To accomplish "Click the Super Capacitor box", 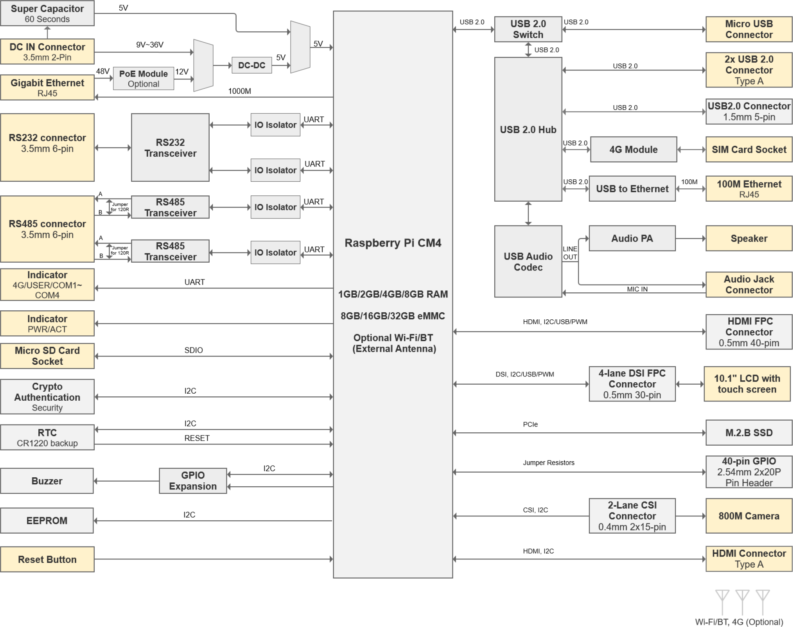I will click(47, 13).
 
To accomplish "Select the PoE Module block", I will click(143, 79).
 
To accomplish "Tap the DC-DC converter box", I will click(251, 65).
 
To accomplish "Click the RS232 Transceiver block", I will click(170, 148).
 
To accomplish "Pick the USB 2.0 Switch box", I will click(528, 29).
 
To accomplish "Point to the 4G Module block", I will click(633, 149).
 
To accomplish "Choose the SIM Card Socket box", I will click(748, 149).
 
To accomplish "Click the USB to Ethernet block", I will click(632, 189).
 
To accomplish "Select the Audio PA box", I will click(632, 238).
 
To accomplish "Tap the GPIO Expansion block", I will click(193, 481).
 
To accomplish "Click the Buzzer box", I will click(47, 481).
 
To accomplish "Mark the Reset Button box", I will click(47, 559).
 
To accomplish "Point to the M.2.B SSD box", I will click(748, 433).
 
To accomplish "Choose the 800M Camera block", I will click(748, 516).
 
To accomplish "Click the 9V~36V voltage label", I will click(150, 45).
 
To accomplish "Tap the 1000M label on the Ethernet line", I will click(239, 91).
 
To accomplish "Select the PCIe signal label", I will click(530, 425).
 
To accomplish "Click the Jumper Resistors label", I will click(549, 463).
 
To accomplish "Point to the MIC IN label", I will click(637, 289).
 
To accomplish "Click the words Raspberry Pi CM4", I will click(393, 243).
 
